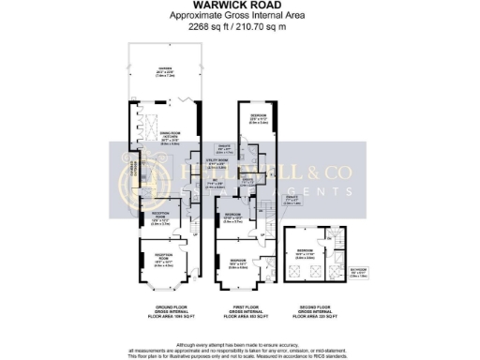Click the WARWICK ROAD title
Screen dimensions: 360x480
pyautogui.click(x=239, y=8)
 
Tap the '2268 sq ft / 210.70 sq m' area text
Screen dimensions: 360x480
pyautogui.click(x=239, y=27)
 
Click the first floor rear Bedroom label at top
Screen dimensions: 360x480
pyautogui.click(x=259, y=119)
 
